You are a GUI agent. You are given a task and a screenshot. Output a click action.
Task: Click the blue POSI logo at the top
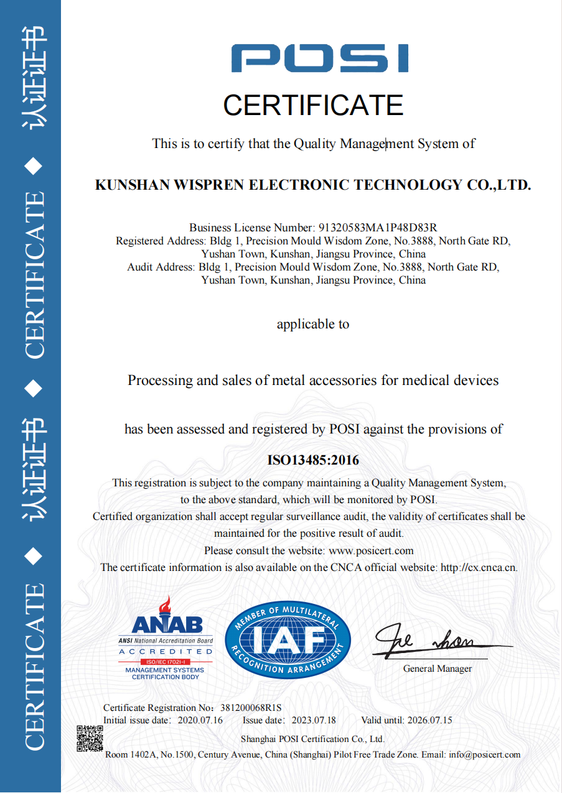(320, 58)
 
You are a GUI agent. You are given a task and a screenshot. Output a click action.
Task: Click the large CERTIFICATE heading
(313, 105)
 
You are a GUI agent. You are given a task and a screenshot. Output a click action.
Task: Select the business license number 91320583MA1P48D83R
(378, 228)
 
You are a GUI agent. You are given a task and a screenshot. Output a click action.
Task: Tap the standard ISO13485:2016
(313, 461)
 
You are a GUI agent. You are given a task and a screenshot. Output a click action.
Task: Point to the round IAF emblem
(288, 640)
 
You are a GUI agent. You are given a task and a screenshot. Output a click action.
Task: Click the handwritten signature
(429, 641)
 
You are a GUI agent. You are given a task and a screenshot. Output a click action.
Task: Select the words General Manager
(437, 669)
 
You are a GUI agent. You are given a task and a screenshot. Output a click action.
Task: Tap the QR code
(90, 738)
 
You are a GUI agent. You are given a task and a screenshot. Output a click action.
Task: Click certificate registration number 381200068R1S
(251, 708)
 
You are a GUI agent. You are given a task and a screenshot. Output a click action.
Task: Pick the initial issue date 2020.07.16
(200, 720)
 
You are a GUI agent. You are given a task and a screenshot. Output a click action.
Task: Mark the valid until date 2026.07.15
(429, 720)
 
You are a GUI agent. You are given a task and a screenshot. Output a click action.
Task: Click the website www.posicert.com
(371, 550)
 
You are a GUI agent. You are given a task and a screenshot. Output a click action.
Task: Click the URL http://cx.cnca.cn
(479, 567)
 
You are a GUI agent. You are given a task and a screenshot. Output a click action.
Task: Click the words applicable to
(313, 324)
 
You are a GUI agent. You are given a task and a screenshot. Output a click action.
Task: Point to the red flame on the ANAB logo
(165, 605)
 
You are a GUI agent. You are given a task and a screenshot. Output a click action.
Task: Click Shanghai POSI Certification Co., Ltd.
(312, 739)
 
